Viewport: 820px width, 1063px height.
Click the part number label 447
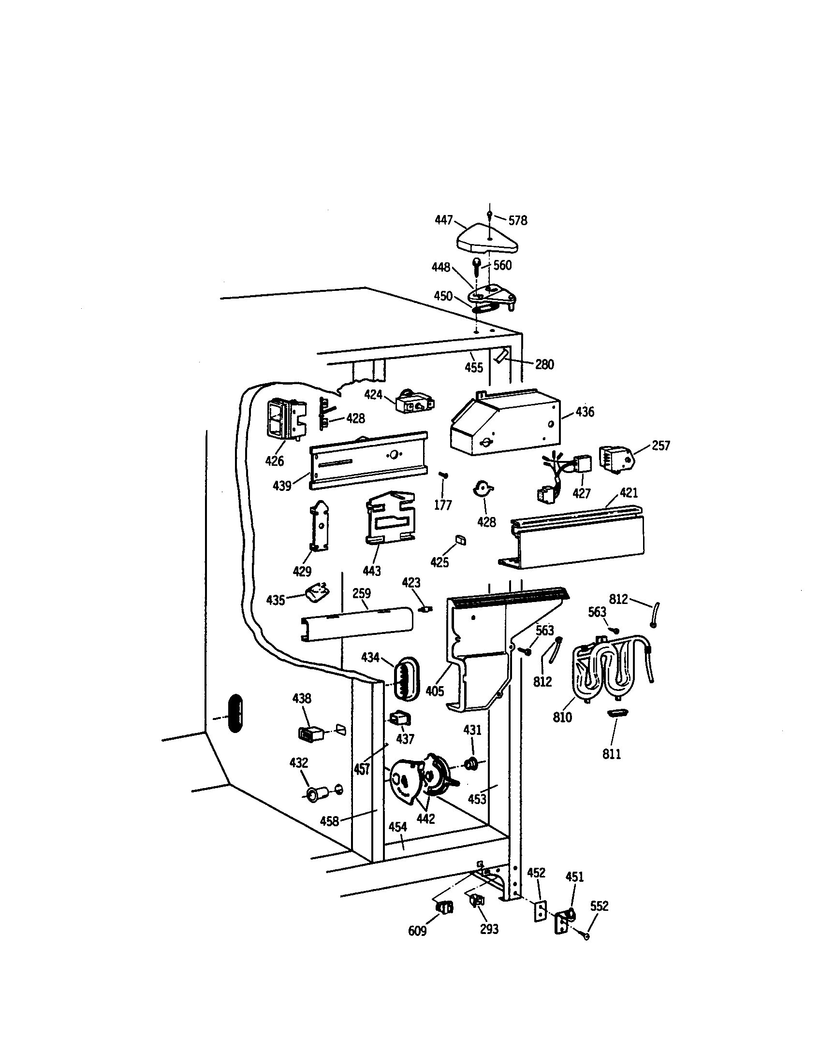coord(443,220)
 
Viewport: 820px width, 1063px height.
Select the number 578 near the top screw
coord(518,221)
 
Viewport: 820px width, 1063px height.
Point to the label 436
coord(585,412)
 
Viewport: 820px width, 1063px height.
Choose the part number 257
coord(660,446)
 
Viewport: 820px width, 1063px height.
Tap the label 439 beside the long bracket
coord(282,485)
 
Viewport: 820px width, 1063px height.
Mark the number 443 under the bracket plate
coord(371,571)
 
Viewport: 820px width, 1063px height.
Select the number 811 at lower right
coord(612,754)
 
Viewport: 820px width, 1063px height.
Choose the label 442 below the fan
coord(425,819)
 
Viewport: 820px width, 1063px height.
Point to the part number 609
coord(417,931)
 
